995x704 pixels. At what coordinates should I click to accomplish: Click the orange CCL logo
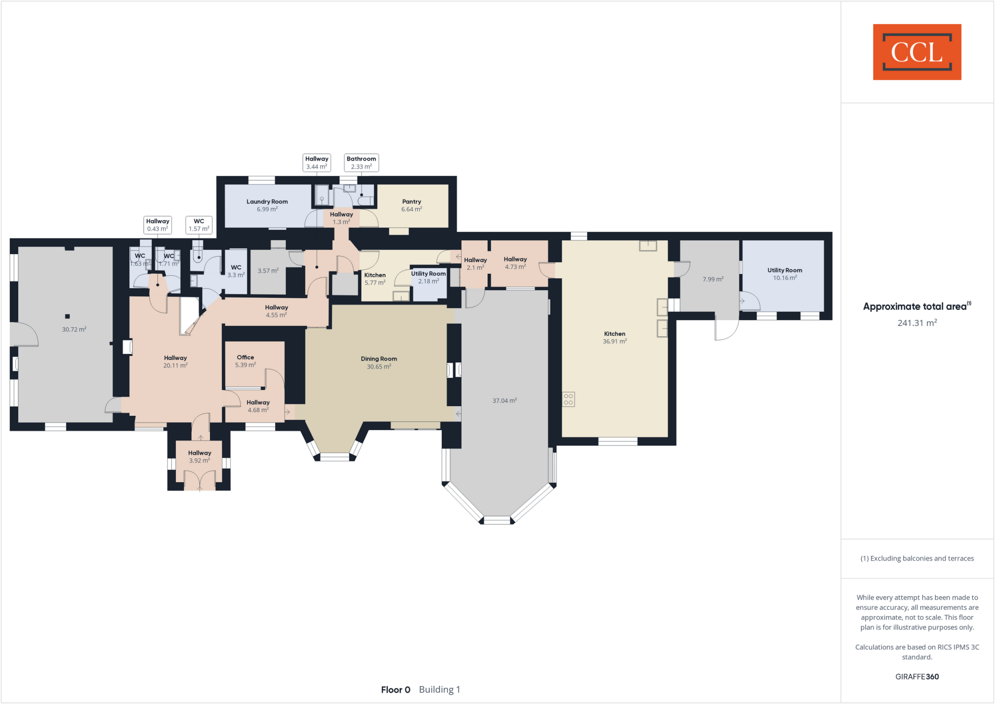(917, 52)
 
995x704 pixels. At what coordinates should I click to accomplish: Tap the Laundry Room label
(267, 205)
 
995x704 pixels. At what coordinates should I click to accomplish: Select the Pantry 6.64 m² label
(412, 205)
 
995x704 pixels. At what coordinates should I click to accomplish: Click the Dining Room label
(378, 362)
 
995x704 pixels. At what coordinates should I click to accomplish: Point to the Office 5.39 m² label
(245, 361)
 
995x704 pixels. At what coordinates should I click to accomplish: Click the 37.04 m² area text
(504, 401)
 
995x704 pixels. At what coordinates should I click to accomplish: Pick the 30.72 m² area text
(74, 329)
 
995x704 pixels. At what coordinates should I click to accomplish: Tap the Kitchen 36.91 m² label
(615, 337)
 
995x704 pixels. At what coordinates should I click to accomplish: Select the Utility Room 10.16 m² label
(784, 274)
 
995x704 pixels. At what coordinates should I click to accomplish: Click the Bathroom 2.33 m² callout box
(361, 163)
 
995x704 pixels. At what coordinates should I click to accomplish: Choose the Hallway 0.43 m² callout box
(157, 225)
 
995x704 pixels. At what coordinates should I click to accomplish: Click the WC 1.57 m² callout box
(199, 225)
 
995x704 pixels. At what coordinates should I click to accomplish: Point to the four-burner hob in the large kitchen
(568, 399)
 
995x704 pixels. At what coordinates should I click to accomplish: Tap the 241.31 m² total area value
(917, 323)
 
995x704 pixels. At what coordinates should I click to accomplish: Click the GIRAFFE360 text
(917, 676)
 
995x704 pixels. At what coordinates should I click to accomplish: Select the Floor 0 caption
(395, 689)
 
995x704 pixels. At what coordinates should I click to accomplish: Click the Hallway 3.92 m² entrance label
(200, 457)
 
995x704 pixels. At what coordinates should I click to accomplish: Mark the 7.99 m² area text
(713, 279)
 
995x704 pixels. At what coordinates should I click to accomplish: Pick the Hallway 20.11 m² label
(175, 361)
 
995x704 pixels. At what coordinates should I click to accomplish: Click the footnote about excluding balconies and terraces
(917, 558)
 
